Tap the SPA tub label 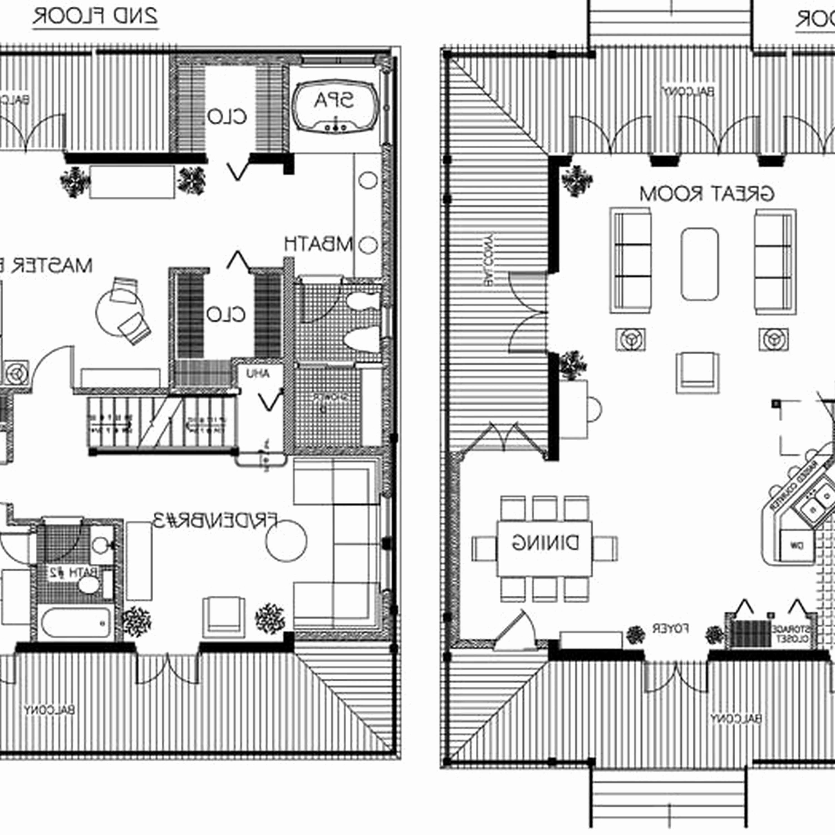coord(334,101)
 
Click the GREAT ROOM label coord(707,194)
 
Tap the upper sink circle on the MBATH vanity coord(368,180)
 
